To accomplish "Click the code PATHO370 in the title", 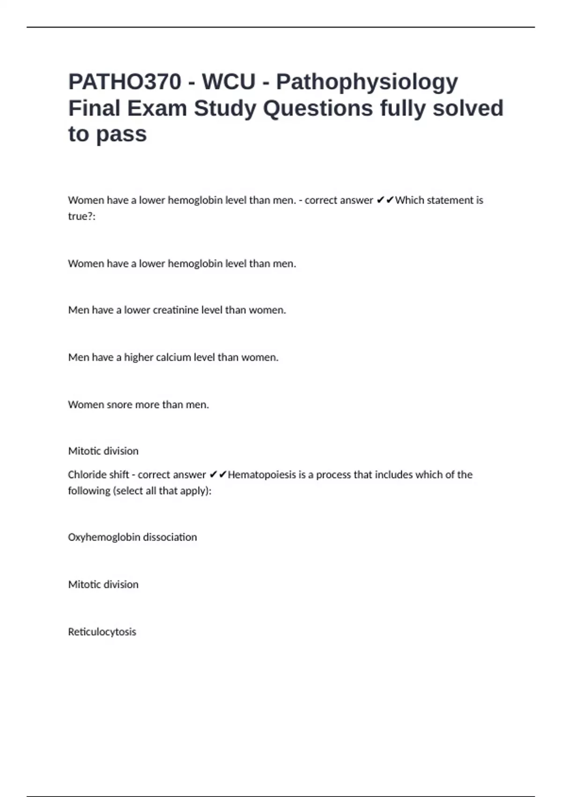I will click(125, 82).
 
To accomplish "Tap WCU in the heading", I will click(229, 82).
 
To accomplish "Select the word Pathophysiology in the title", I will click(367, 82).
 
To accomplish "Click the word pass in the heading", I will click(121, 134).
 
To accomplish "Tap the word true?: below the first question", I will click(81, 216).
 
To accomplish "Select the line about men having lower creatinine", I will click(177, 310).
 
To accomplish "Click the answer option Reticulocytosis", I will click(102, 632).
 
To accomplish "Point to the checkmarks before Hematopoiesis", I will click(218, 474).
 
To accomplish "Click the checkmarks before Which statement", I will click(385, 200).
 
